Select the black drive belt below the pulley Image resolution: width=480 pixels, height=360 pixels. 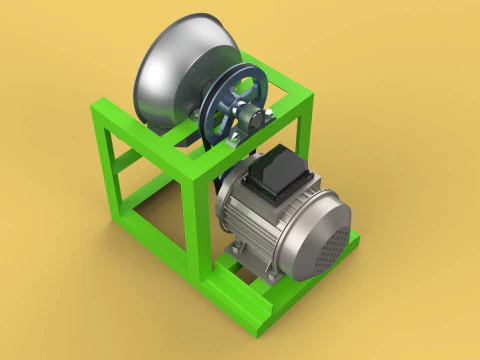pyautogui.click(x=214, y=165)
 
